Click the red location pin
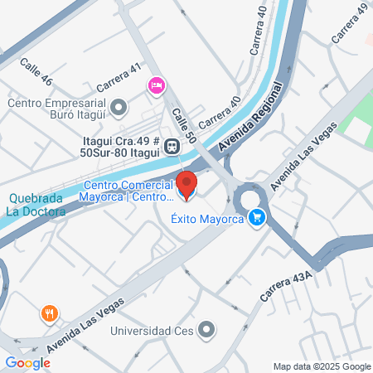pyautogui.click(x=187, y=184)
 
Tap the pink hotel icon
pyautogui.click(x=156, y=85)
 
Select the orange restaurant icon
pyautogui.click(x=50, y=313)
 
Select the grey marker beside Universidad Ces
pyautogui.click(x=206, y=332)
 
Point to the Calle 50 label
pyautogui.click(x=182, y=125)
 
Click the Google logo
pyautogui.click(x=28, y=362)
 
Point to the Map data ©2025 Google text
pyautogui.click(x=322, y=366)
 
